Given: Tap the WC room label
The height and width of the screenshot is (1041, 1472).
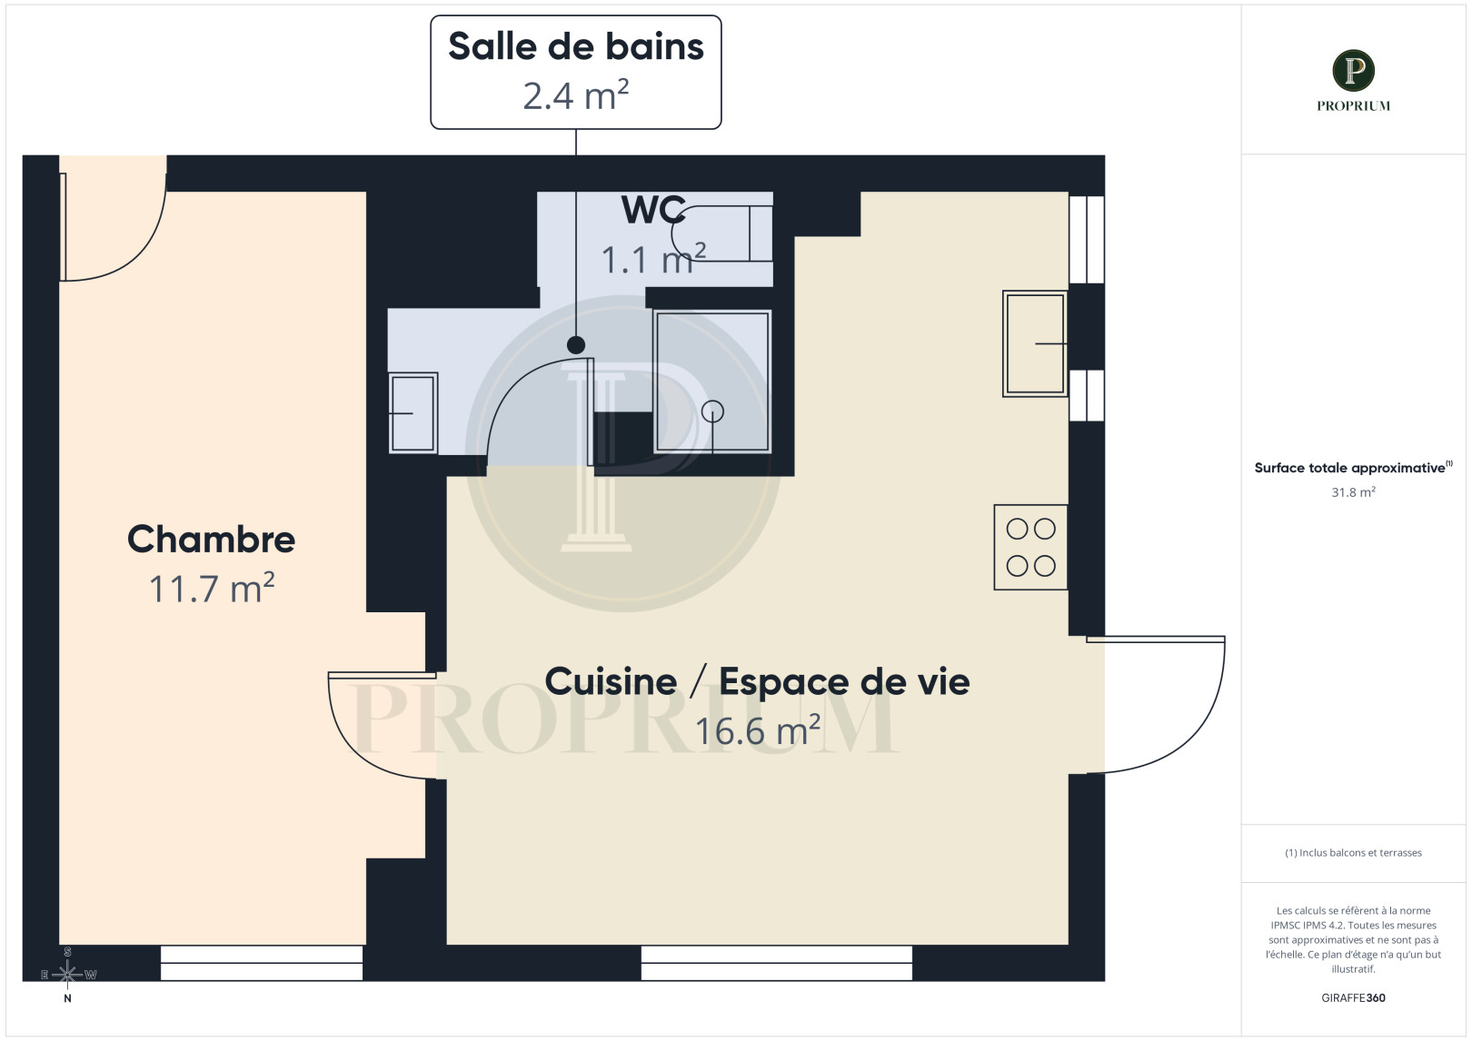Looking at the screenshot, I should point(653,210).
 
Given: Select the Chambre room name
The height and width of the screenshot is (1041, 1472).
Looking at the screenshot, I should point(211,539).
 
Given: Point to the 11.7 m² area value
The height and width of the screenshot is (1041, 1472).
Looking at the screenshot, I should point(211,589).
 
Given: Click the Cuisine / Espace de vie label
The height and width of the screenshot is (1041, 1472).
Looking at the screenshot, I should point(757,681).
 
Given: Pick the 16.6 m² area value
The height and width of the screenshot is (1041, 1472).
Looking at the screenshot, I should point(757,730).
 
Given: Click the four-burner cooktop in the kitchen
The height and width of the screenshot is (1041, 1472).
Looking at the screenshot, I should point(1030,547).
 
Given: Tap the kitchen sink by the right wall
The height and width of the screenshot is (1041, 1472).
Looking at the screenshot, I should point(1034,343).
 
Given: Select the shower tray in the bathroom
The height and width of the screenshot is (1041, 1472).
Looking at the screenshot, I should point(712,382).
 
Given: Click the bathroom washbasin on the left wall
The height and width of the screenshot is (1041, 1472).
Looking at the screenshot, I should point(413,412).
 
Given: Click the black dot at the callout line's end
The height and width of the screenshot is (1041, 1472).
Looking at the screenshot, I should point(575,345).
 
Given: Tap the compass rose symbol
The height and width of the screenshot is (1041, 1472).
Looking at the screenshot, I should point(67,975).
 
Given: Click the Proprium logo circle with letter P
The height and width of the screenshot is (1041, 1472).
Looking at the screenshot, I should point(1353,71).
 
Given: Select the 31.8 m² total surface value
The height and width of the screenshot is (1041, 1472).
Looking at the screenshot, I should point(1353,492).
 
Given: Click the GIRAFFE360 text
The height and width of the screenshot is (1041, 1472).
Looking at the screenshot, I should point(1353,997).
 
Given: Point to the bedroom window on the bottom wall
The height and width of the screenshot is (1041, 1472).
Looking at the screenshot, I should point(262,963).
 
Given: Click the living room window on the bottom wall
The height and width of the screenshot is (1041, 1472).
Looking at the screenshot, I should point(776,963).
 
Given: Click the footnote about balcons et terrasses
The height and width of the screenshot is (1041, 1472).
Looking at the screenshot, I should point(1353,853).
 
